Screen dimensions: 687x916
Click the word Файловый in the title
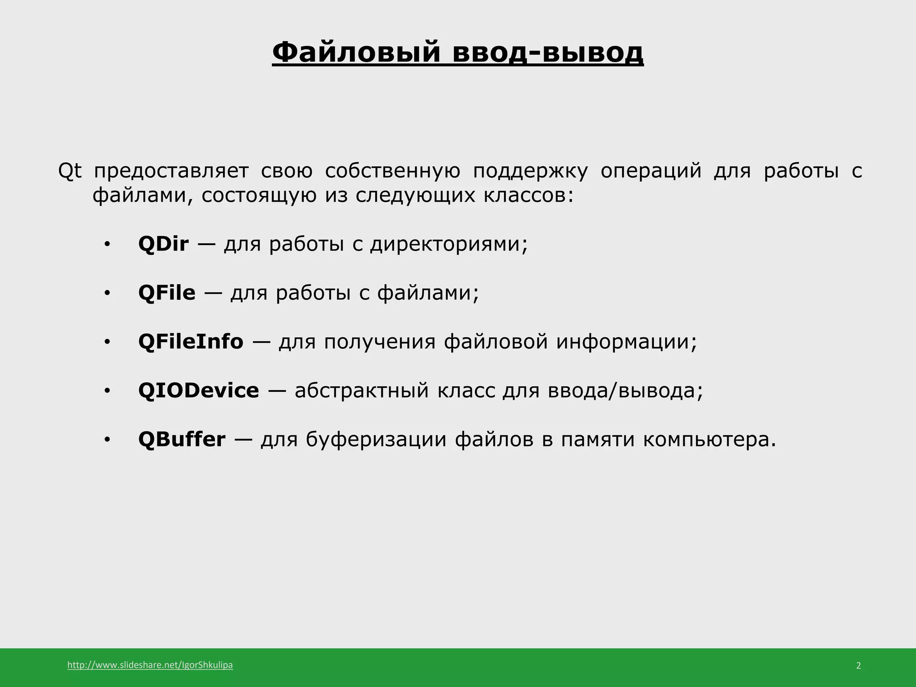pyautogui.click(x=356, y=52)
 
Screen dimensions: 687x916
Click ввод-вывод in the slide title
pyautogui.click(x=548, y=52)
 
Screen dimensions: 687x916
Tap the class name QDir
pyautogui.click(x=163, y=244)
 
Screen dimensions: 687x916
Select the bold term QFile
pyautogui.click(x=167, y=293)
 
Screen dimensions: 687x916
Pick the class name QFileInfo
pyautogui.click(x=191, y=342)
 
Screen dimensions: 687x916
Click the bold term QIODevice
pyautogui.click(x=199, y=390)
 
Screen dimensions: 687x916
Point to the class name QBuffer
pyautogui.click(x=182, y=439)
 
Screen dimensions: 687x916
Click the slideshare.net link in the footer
pyautogui.click(x=150, y=665)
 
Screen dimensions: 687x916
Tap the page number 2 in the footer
pyautogui.click(x=858, y=666)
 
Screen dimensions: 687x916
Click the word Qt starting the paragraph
pyautogui.click(x=70, y=171)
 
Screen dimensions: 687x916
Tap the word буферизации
pyautogui.click(x=376, y=439)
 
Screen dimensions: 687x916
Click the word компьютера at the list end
pyautogui.click(x=709, y=440)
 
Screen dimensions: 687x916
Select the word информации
pyautogui.click(x=626, y=342)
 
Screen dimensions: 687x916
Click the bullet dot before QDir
pyautogui.click(x=107, y=245)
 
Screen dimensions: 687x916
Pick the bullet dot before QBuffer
pyautogui.click(x=107, y=441)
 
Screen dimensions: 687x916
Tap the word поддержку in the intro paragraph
pyautogui.click(x=530, y=172)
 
